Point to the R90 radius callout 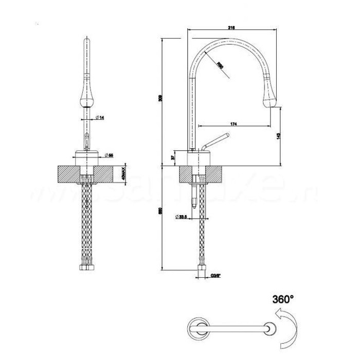[x=220, y=66]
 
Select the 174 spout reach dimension [x=233, y=124]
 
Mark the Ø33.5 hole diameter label [x=180, y=217]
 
